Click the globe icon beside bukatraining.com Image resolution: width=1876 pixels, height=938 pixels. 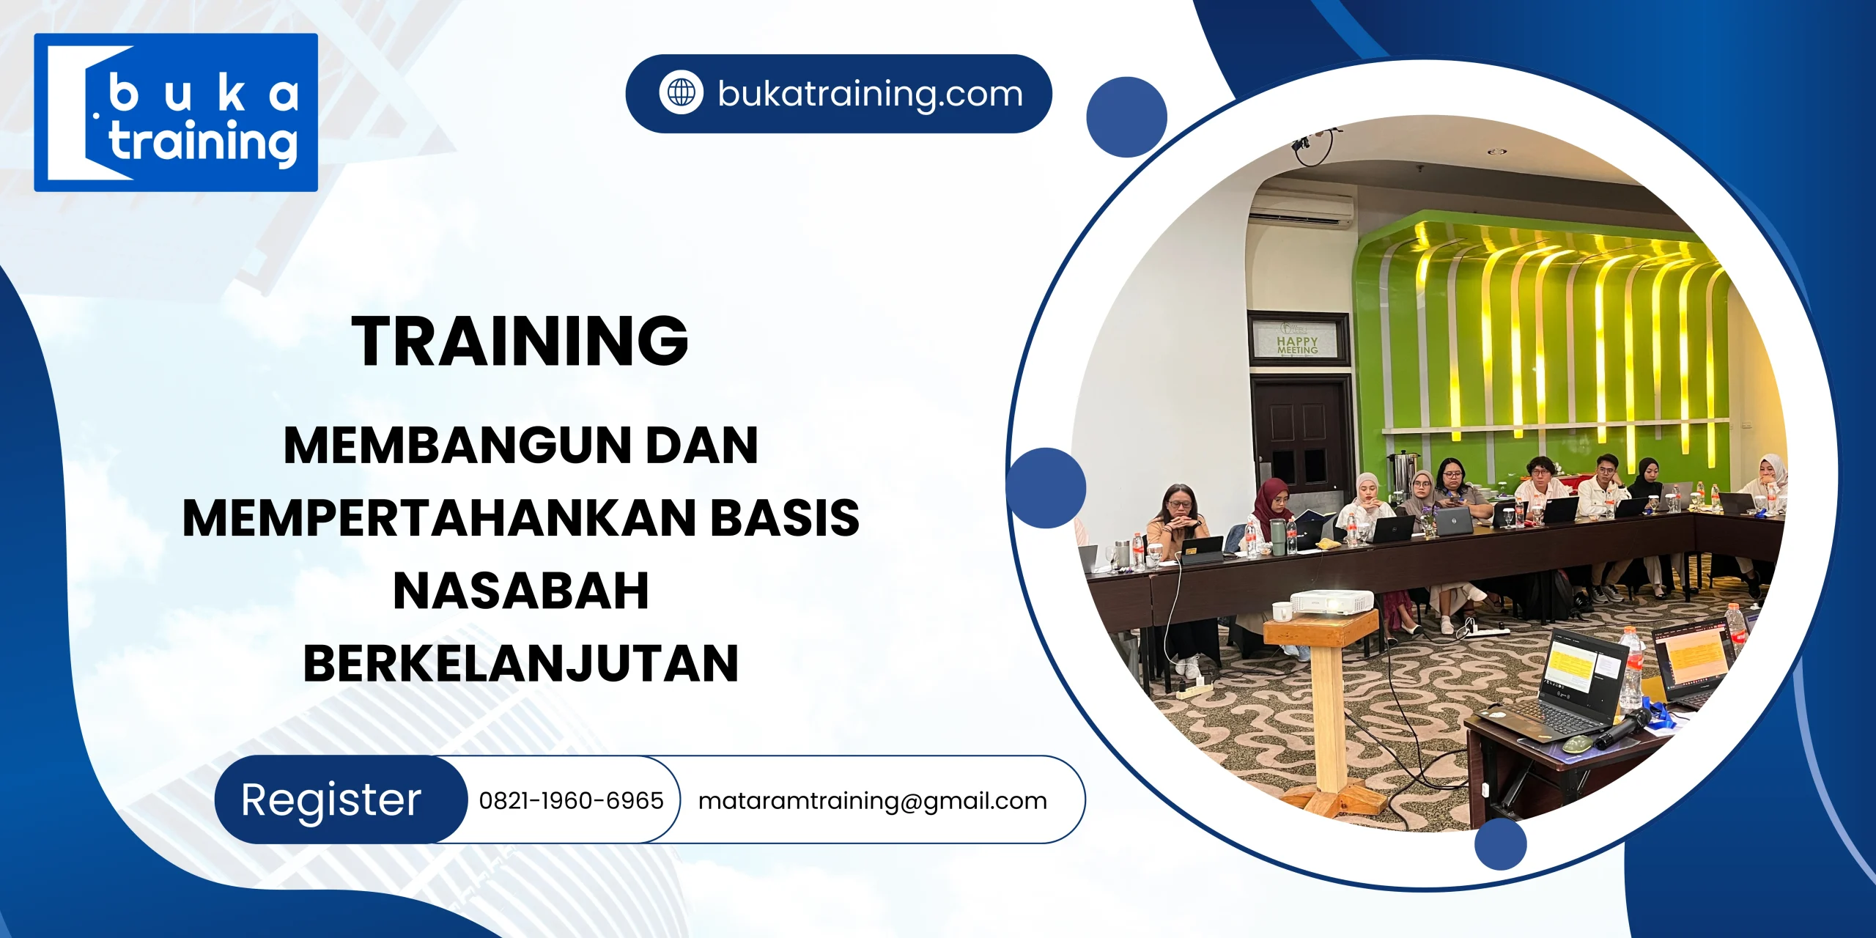[x=681, y=93]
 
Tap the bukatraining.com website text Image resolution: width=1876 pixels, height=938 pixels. [x=870, y=94]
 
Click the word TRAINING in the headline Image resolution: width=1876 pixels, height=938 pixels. [x=520, y=341]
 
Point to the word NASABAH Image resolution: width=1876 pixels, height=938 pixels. [x=521, y=591]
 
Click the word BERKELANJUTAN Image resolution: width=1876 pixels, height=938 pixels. [x=521, y=664]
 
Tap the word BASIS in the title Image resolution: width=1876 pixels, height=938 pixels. [x=785, y=518]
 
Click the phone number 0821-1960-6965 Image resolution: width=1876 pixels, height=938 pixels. [x=571, y=800]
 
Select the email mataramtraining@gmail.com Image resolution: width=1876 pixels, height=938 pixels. [x=872, y=801]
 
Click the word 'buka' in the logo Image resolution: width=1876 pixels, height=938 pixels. [x=204, y=95]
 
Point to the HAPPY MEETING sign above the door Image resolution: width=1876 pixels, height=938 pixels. [x=1298, y=344]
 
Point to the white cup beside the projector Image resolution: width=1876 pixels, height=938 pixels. [x=1282, y=610]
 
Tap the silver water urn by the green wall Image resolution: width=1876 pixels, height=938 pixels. [x=1403, y=470]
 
